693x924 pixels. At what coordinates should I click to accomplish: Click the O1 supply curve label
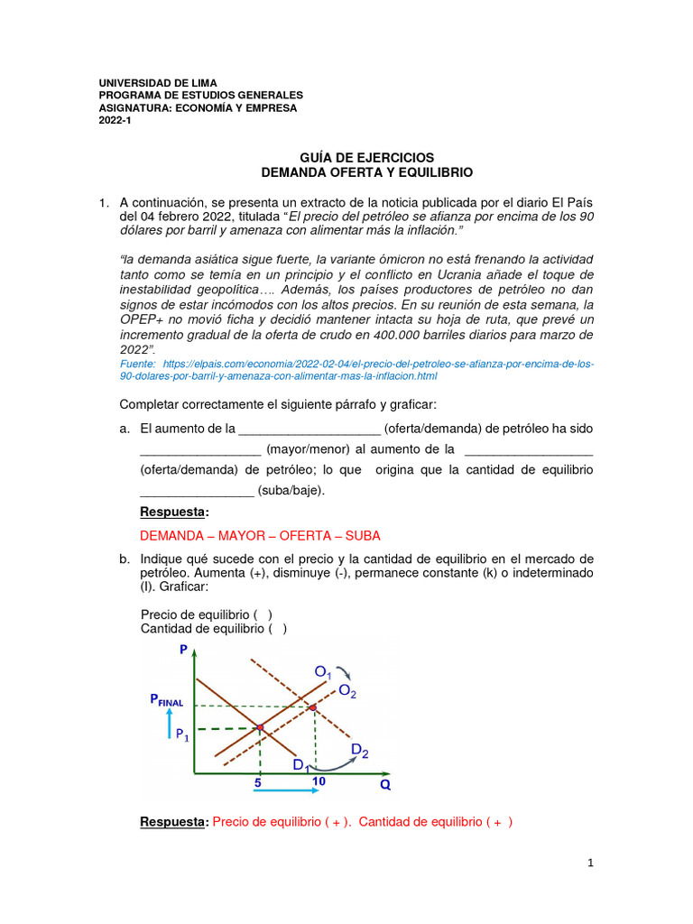click(322, 672)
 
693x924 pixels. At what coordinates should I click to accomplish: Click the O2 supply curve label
click(346, 691)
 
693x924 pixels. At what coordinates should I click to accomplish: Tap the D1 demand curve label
click(300, 765)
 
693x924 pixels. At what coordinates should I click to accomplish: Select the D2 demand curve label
click(358, 750)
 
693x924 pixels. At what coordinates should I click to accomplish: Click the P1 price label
click(183, 734)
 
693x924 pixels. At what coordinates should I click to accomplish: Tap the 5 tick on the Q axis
click(257, 783)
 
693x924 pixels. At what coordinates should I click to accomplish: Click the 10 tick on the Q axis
click(318, 781)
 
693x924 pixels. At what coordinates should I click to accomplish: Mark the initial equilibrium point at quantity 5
click(260, 726)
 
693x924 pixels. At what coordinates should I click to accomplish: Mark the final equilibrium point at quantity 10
click(313, 708)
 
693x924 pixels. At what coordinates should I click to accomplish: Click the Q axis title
click(384, 784)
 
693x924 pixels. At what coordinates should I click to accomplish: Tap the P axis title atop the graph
click(184, 650)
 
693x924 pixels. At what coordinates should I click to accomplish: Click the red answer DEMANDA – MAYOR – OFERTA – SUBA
click(261, 535)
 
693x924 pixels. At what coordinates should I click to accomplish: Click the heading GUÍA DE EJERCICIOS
click(366, 157)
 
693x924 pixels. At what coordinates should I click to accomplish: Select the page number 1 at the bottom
click(590, 863)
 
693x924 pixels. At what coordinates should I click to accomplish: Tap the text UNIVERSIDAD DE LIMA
click(157, 83)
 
